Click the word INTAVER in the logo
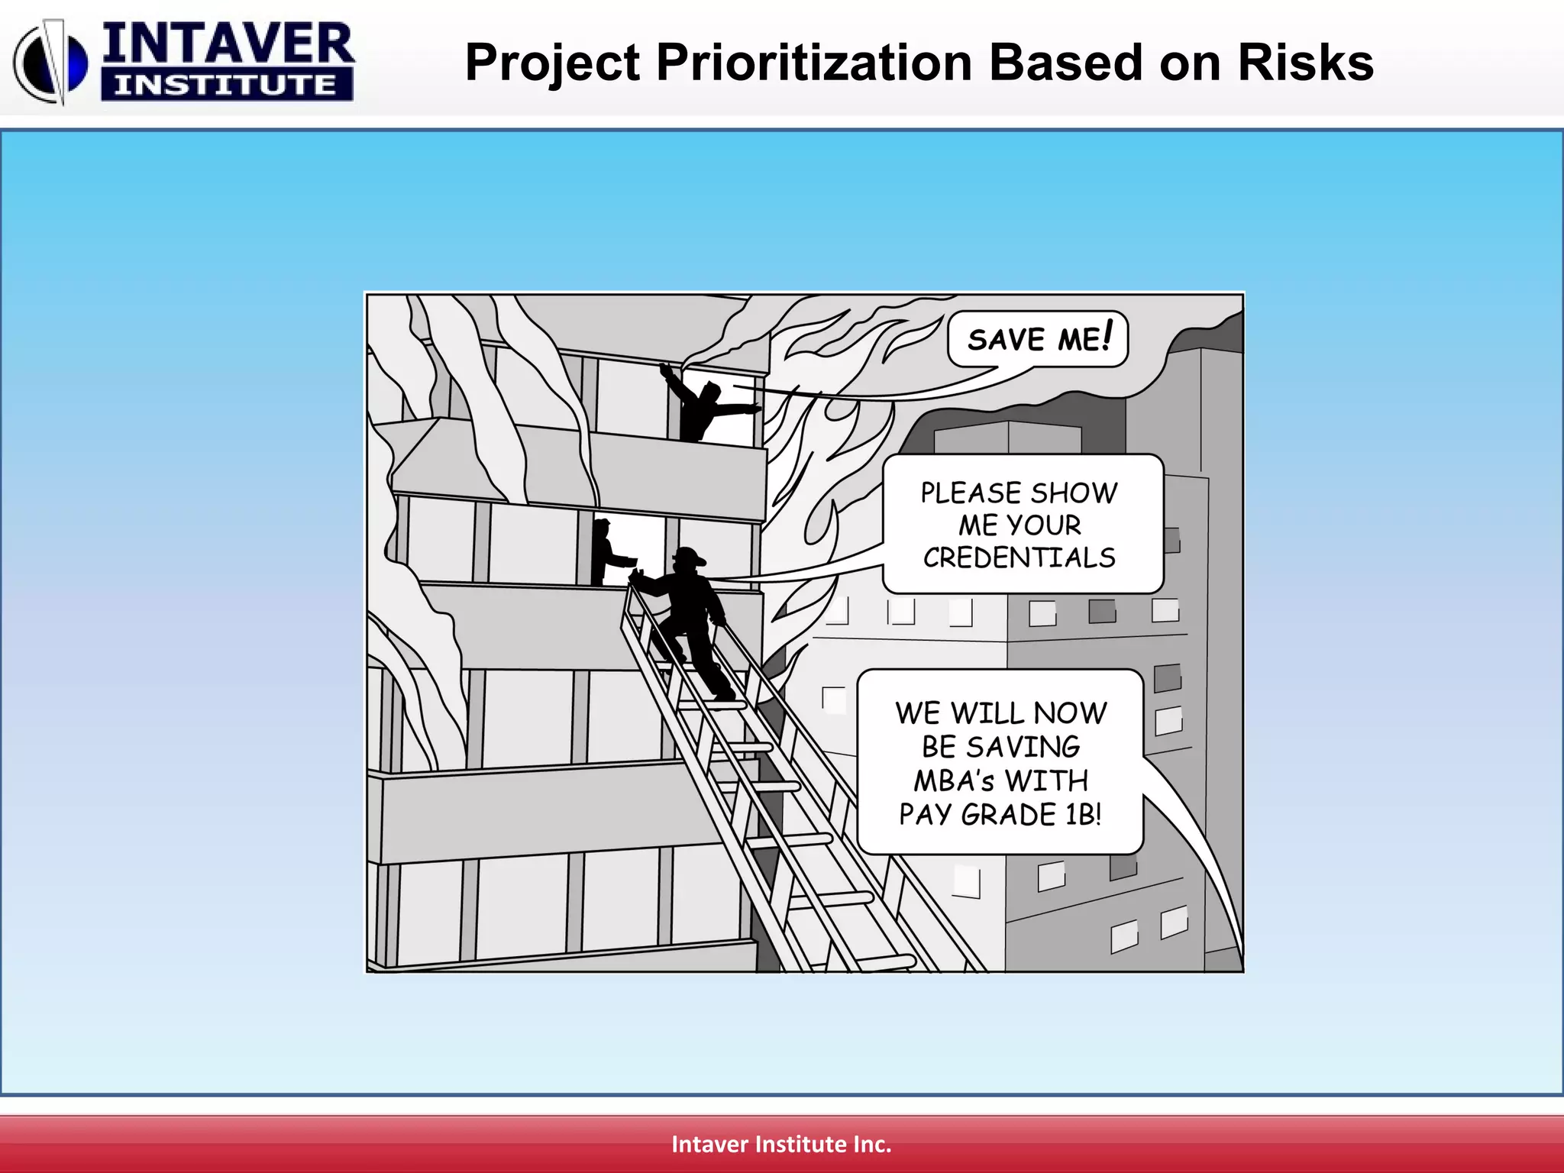click(228, 44)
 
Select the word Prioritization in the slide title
click(815, 63)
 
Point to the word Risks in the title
click(1305, 63)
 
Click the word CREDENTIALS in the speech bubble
click(1020, 558)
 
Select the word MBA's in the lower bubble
click(954, 781)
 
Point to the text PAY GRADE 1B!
click(1000, 815)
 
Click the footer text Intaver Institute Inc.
click(781, 1144)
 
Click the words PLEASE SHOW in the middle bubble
click(1019, 493)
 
